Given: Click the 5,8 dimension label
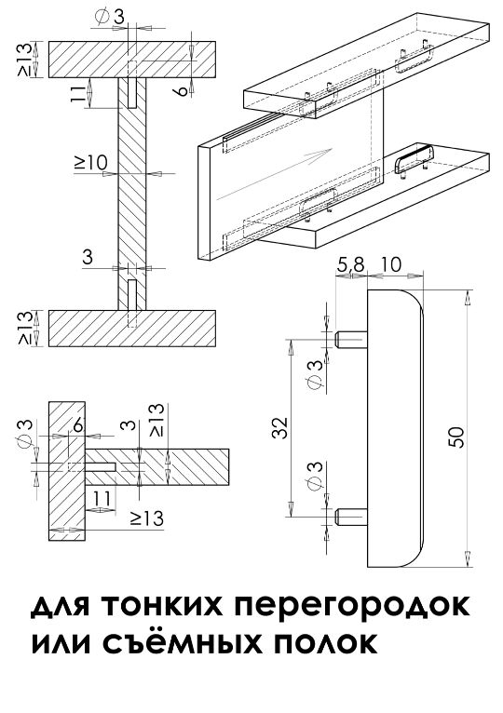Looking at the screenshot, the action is (x=350, y=264).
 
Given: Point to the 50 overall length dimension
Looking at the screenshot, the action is (x=457, y=437).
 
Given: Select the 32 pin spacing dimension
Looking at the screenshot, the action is (x=280, y=428).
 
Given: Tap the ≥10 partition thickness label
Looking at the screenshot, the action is (x=91, y=162).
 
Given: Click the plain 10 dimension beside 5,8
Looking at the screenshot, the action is (x=390, y=264).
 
